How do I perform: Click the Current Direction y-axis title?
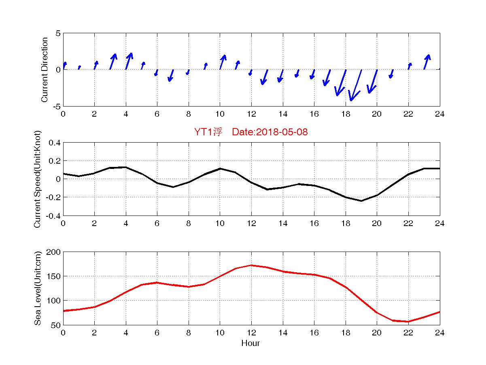point(45,70)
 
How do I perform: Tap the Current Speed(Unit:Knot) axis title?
point(38,179)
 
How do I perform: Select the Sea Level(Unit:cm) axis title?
point(38,288)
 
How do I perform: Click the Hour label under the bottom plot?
point(250,344)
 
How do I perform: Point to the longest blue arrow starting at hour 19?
point(356,85)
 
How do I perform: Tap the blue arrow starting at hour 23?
point(427,62)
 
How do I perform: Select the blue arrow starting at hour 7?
point(171,75)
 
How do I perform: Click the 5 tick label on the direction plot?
point(58,33)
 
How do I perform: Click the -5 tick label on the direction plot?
point(56,106)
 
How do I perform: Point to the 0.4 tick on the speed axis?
point(54,143)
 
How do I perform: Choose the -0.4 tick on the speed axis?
point(53,215)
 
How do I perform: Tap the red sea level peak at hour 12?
point(251,265)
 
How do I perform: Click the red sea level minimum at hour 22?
point(409,321)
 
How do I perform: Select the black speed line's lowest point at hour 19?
point(361,201)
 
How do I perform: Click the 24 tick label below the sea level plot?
point(440,333)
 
